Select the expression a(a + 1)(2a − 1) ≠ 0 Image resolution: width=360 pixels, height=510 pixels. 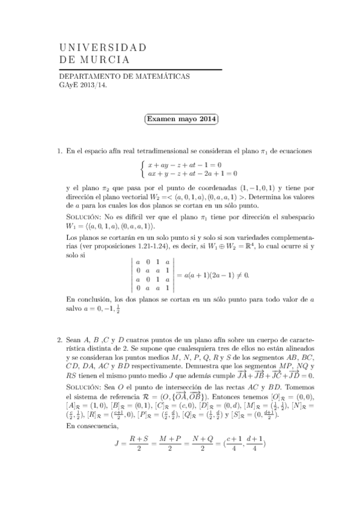214,275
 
